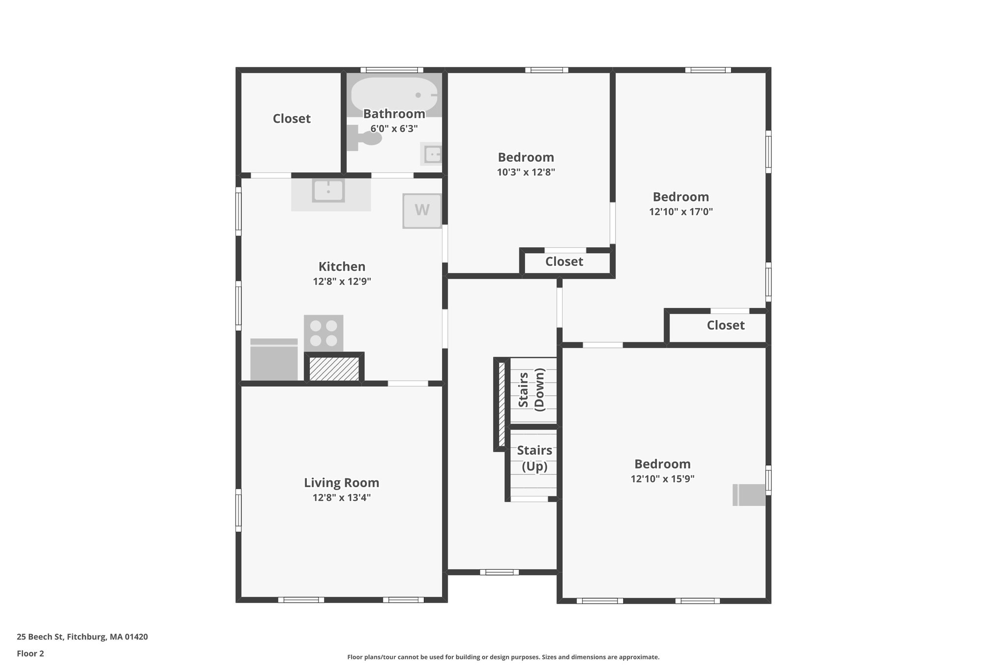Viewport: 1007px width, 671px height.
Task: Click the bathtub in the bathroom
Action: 394,94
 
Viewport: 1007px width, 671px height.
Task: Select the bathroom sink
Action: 431,154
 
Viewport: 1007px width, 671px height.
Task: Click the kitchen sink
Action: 328,191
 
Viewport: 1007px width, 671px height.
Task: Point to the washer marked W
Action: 422,210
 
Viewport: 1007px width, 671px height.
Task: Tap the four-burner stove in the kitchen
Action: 324,333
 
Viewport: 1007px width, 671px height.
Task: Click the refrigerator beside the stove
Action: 274,359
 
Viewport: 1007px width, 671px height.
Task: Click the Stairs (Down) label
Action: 532,389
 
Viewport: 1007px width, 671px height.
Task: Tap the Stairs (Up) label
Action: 534,458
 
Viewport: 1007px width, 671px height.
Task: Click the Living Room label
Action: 341,483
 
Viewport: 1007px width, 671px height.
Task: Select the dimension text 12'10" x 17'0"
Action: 681,212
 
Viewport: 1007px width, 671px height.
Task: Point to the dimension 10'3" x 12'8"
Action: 526,172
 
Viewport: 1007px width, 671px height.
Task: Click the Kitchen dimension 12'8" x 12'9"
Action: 342,282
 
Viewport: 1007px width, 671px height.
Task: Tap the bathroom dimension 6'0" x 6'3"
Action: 394,129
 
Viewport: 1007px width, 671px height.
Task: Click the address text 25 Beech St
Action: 40,637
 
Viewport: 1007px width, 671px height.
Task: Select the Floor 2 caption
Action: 30,654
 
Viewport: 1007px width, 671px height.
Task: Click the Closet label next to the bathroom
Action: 292,118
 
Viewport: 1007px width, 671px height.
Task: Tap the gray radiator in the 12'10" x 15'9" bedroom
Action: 749,495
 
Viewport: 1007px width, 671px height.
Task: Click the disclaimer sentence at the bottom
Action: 503,657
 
